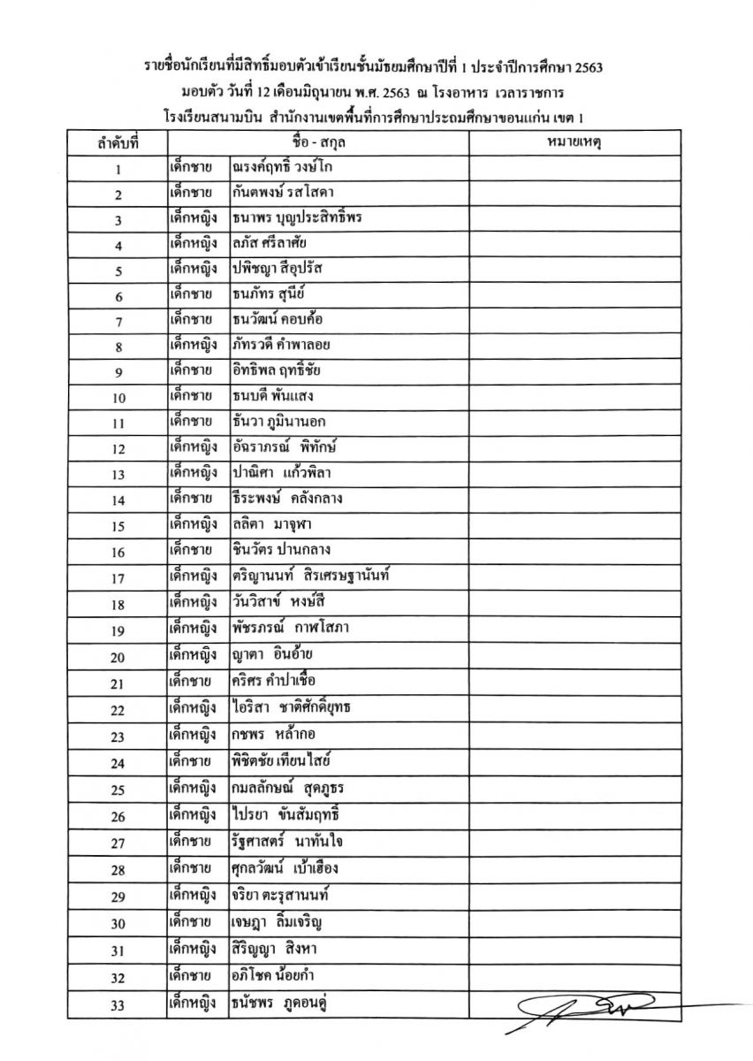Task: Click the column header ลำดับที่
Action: [x=118, y=141]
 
